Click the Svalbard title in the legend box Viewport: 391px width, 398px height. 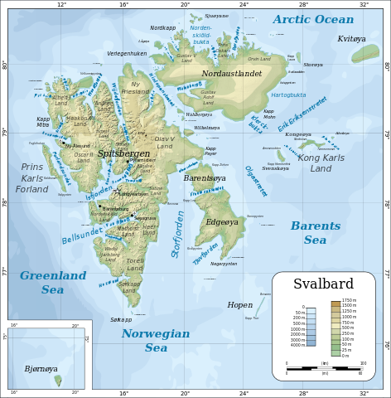(323, 284)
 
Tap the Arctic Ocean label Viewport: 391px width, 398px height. (313, 19)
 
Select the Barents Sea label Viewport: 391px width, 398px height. (315, 232)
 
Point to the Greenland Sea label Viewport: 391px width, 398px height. (53, 282)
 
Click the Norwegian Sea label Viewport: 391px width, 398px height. (156, 340)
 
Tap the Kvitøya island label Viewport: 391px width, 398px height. (351, 39)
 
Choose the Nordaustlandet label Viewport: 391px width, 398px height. (231, 74)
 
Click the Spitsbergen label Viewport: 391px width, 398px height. (123, 153)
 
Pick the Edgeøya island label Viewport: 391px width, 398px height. (221, 221)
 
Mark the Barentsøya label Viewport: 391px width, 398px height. (204, 178)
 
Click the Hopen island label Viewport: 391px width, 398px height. (239, 305)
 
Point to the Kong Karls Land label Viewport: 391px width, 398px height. (320, 163)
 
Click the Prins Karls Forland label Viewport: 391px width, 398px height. (32, 177)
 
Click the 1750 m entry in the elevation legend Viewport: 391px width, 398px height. (349, 300)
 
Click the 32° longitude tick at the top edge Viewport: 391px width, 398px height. (364, 4)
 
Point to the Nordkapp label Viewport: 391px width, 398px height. (162, 28)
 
